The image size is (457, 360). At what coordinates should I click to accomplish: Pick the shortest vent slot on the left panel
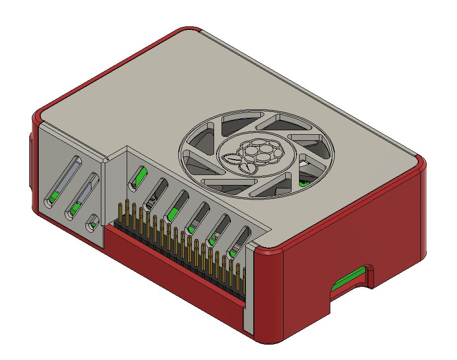[x=92, y=222]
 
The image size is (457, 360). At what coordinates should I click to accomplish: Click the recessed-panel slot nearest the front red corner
[x=239, y=242]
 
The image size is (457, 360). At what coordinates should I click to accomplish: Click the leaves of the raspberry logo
[x=232, y=160]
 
